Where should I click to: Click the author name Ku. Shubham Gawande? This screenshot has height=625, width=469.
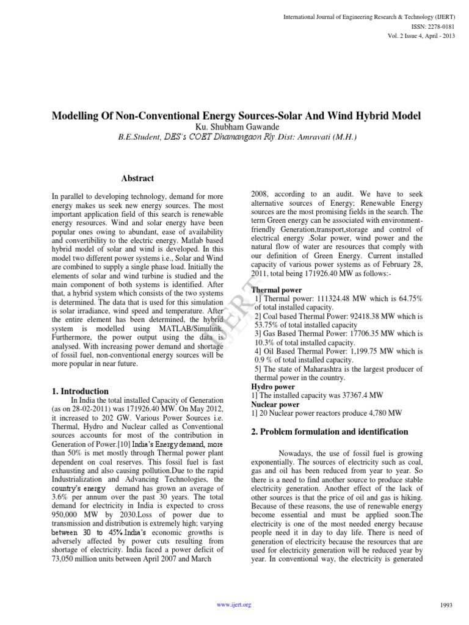(x=234, y=126)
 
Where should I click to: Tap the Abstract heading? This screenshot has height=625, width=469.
(x=137, y=178)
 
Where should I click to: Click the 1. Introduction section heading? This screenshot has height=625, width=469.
(x=81, y=391)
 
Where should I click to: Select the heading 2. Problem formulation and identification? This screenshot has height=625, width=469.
(x=330, y=432)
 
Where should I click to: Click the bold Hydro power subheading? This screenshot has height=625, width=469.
(x=273, y=387)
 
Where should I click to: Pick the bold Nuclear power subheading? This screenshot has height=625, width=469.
(x=275, y=404)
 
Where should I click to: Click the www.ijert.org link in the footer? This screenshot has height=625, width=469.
(x=234, y=604)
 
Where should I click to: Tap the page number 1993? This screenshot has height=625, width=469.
(x=446, y=605)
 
